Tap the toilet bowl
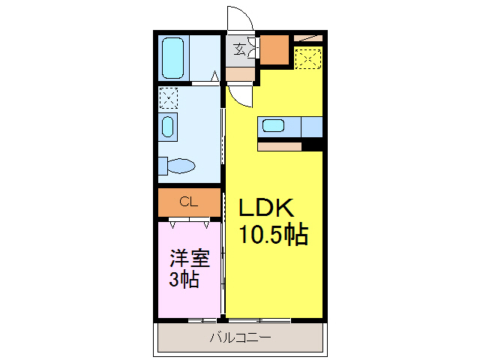click(x=181, y=165)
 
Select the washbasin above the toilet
click(x=168, y=126)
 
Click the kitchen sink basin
click(x=272, y=126)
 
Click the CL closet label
click(x=189, y=201)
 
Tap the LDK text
click(x=271, y=209)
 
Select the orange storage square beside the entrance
click(x=274, y=49)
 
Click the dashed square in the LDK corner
click(x=308, y=58)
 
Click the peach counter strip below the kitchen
click(x=279, y=146)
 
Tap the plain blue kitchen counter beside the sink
click(x=311, y=127)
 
